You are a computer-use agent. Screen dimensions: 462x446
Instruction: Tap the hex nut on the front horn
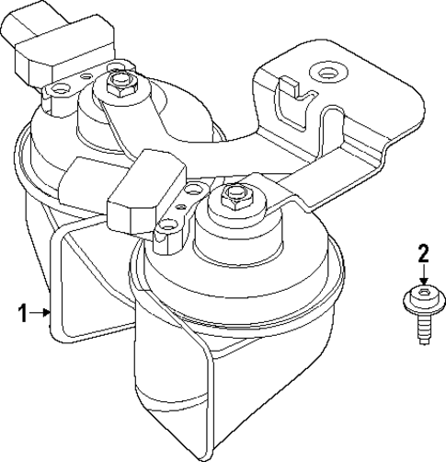[x=232, y=196]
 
